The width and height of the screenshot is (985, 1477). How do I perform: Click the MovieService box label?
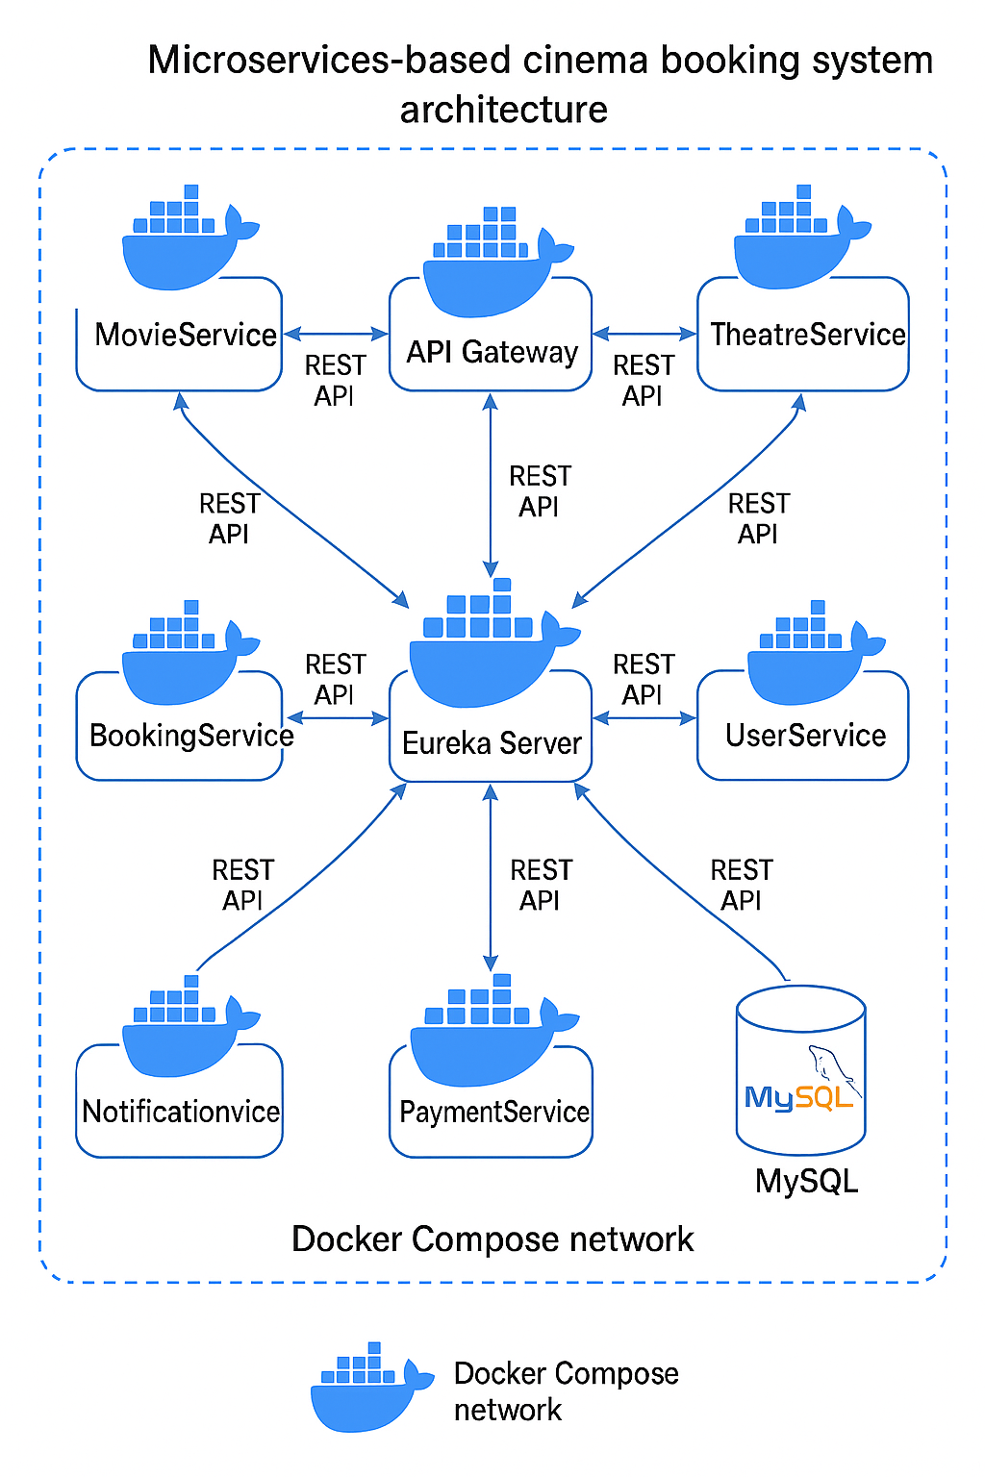click(x=186, y=335)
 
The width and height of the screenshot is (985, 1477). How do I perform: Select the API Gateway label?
click(x=492, y=352)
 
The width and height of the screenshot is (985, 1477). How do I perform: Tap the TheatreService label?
click(x=807, y=335)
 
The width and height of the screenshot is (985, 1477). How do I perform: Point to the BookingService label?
click(x=190, y=736)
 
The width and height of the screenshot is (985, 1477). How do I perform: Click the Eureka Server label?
click(x=492, y=743)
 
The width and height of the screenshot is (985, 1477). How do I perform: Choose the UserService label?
click(x=805, y=736)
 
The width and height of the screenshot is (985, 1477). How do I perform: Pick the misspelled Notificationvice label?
click(x=181, y=1112)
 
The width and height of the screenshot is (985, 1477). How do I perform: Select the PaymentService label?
click(x=493, y=1112)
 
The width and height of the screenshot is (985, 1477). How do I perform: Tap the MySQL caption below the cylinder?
click(x=806, y=1181)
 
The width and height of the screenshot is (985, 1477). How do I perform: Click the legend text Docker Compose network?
click(x=565, y=1390)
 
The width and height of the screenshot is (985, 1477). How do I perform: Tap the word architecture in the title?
click(x=503, y=110)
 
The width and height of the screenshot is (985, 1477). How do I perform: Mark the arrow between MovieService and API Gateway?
click(x=336, y=334)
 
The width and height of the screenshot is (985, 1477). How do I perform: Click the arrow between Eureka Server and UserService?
click(x=644, y=718)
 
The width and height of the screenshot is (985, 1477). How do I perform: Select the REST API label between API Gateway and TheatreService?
click(x=644, y=380)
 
